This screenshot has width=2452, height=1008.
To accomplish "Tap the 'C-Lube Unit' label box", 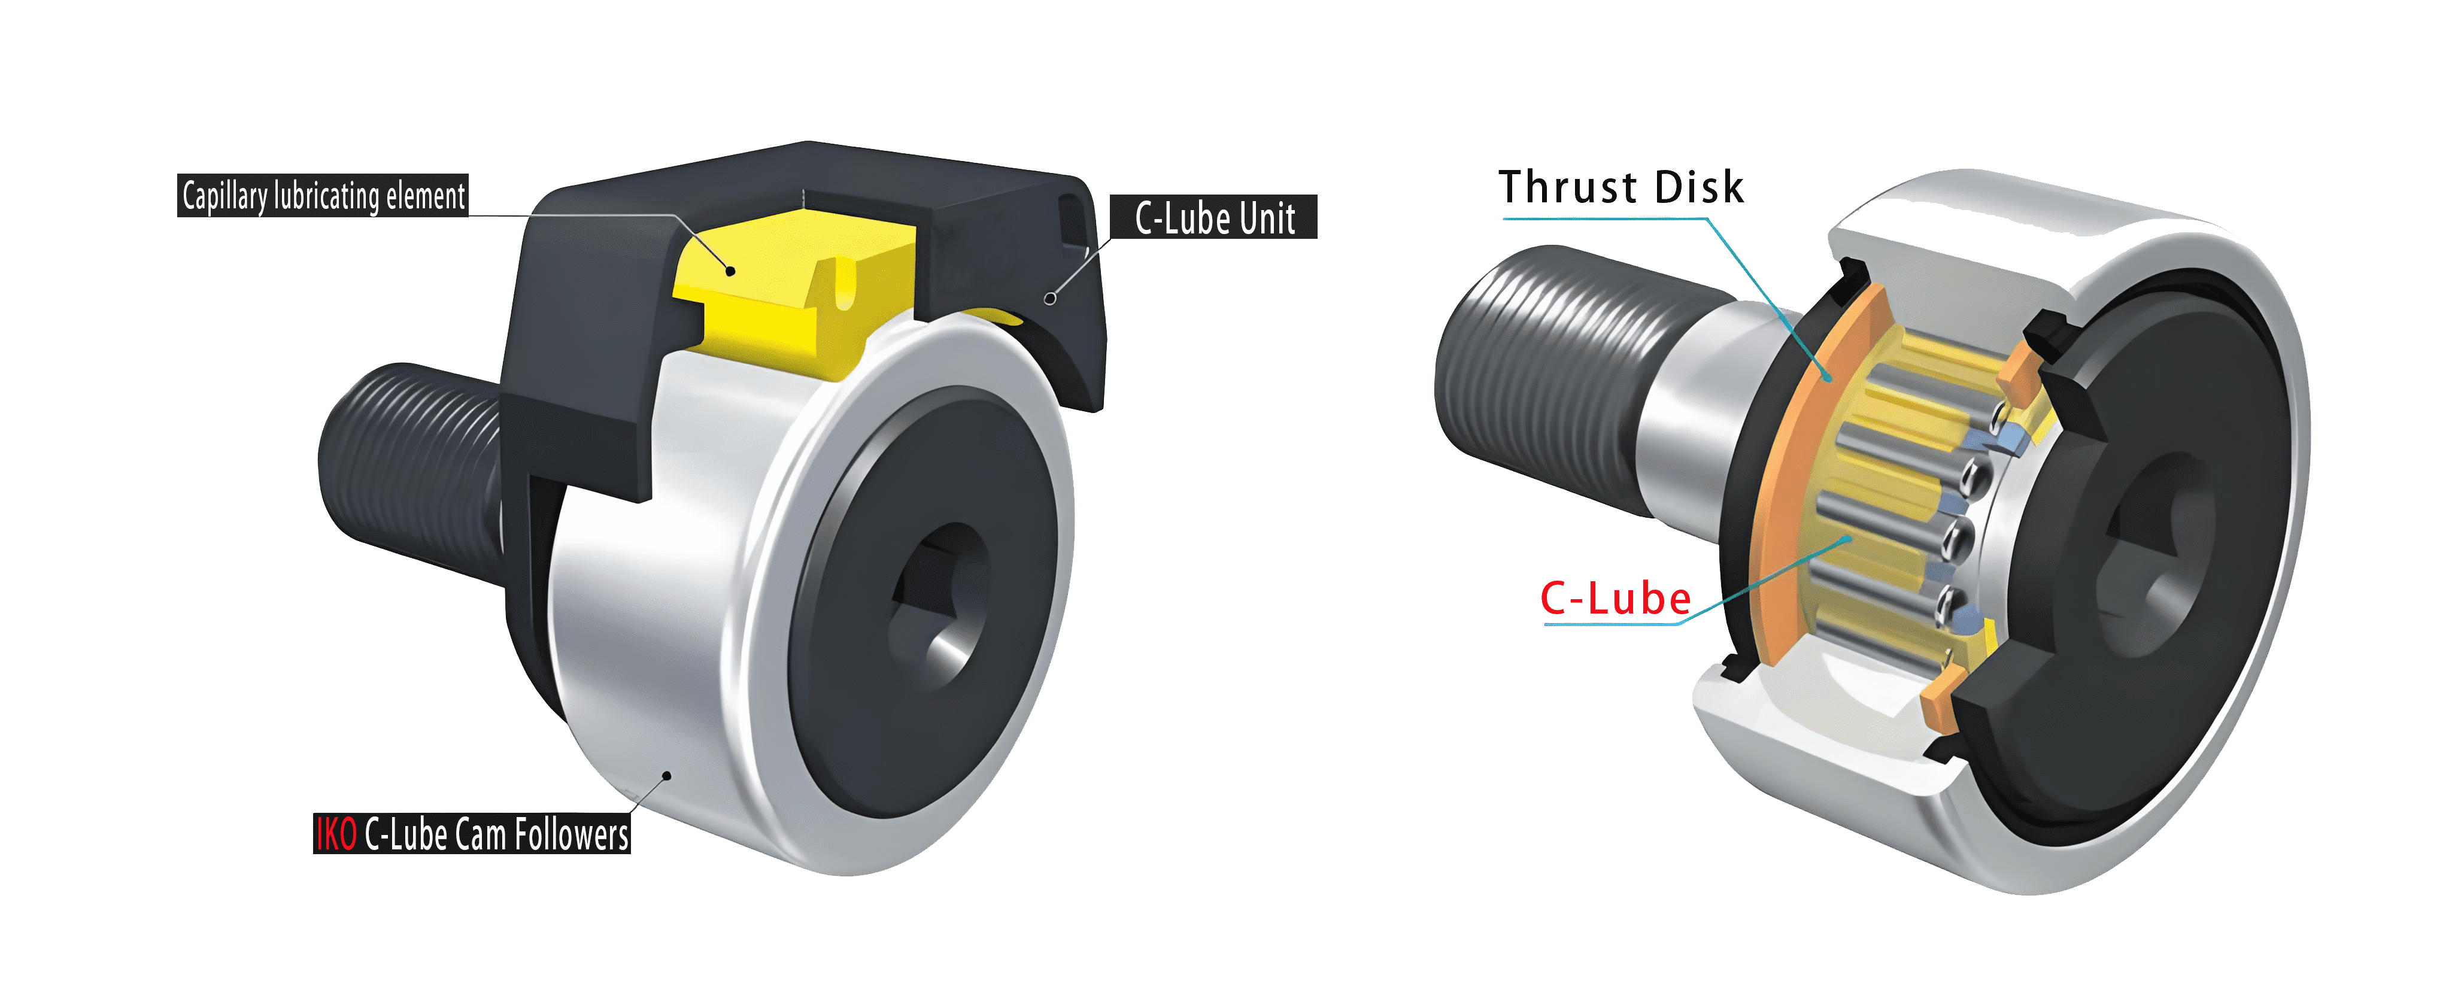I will (x=1213, y=218).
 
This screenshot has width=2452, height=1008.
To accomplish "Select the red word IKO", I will (x=336, y=834).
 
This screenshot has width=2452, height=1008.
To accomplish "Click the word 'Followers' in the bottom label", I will (x=571, y=834).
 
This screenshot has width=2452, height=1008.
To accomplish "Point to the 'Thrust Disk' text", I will (x=1620, y=187).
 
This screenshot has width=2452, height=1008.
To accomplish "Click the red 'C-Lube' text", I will (x=1615, y=599).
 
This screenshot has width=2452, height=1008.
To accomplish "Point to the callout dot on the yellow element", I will (x=731, y=271).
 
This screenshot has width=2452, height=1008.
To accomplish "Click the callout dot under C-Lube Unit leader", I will (x=1050, y=298).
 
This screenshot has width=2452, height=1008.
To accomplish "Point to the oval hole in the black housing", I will (x=1072, y=219).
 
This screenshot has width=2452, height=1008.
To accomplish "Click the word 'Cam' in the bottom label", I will (x=480, y=834).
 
